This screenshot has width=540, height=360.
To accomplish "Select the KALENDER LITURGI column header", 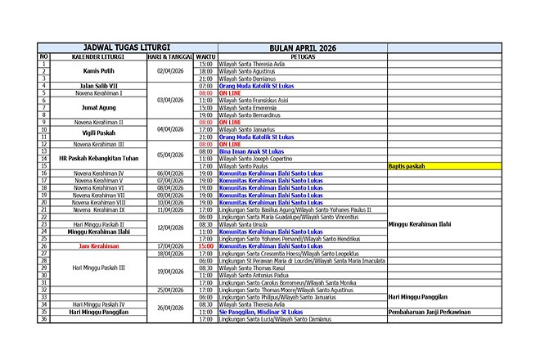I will pos(98,56).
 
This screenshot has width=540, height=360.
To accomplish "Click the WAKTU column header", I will pos(206,56).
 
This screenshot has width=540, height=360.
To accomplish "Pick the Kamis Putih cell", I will pos(98,71).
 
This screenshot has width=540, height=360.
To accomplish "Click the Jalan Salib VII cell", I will pos(98,85).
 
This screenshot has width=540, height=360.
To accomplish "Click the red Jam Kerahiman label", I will pos(98,245).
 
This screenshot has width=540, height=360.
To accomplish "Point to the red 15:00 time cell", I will pos(206,245).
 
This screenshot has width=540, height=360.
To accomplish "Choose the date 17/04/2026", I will pos(170,245).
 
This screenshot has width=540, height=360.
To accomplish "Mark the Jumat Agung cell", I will pos(98,107).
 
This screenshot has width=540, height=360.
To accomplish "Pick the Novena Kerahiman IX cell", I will pos(98,209).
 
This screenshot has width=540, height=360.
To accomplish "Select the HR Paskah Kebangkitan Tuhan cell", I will pos(98,155).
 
